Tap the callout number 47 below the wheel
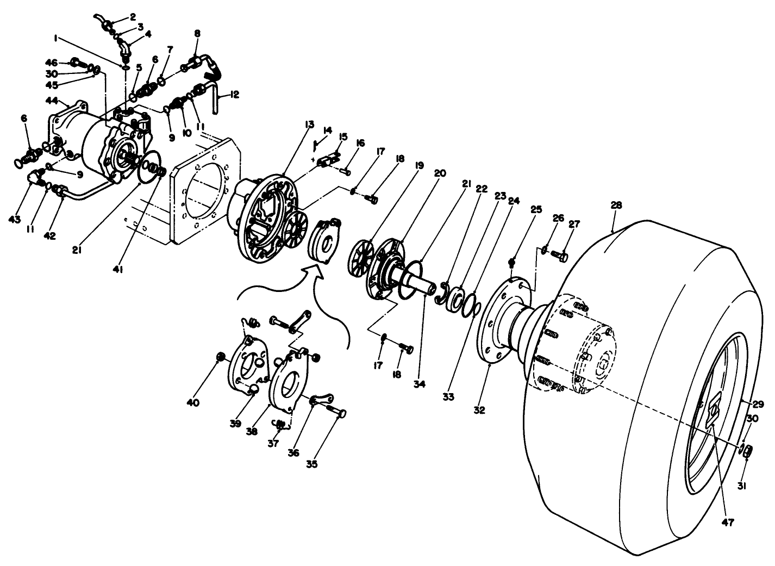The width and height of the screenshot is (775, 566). point(728,523)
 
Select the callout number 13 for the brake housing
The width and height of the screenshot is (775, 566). point(309,125)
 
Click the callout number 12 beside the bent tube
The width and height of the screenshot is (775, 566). point(234,95)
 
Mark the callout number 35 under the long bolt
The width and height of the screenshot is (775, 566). point(312,464)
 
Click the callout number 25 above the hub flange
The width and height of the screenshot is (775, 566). point(536,209)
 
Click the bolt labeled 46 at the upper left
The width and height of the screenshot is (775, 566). point(76,63)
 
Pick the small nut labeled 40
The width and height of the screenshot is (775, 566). point(221,357)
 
